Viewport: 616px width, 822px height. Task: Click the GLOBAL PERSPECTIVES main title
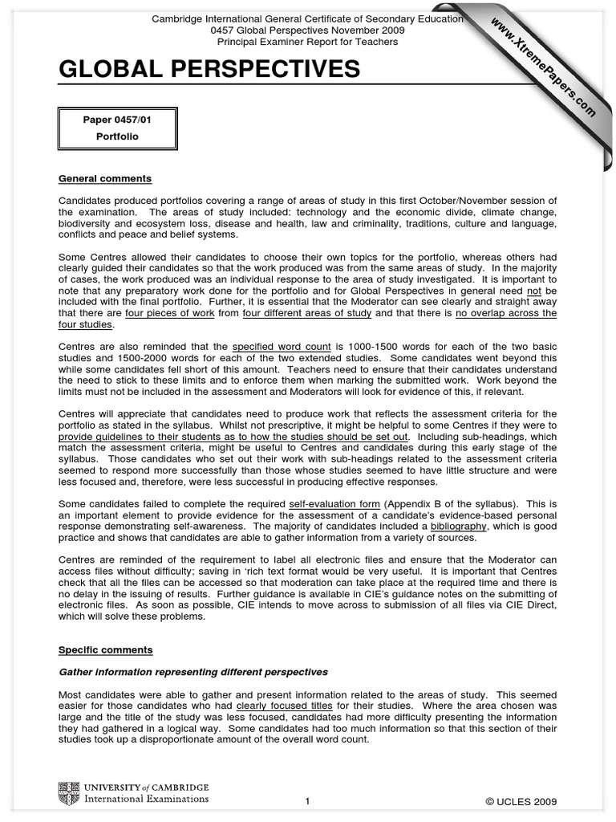(209, 71)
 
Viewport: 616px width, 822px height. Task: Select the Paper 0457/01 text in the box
(117, 120)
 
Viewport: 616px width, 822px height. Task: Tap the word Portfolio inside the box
(117, 136)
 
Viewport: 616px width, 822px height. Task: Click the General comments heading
(105, 178)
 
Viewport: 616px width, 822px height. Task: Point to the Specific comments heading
(105, 649)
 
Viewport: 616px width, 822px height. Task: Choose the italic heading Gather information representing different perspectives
(193, 672)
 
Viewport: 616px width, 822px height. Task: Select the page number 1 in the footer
(307, 801)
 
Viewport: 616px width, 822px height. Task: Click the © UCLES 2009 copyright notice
(521, 801)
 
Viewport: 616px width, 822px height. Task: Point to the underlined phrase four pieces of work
(169, 313)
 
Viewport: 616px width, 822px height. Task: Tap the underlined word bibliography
(458, 527)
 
